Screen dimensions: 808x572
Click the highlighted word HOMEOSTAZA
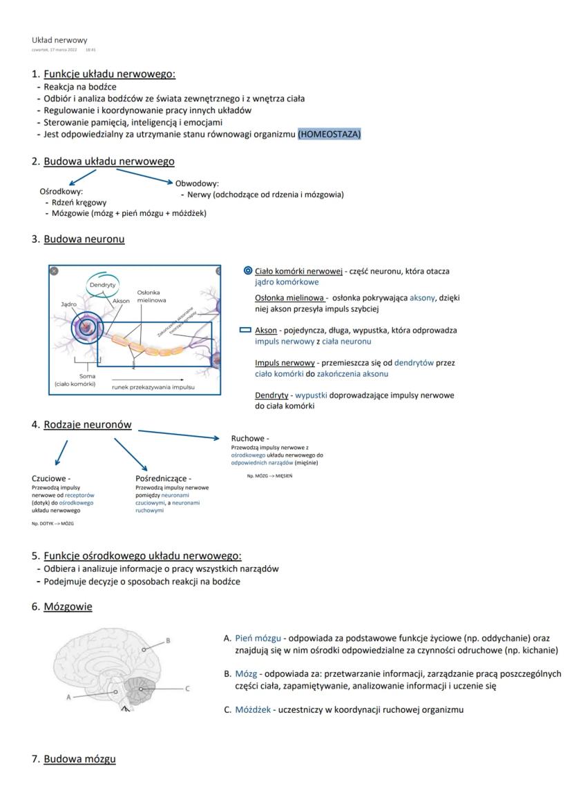point(330,135)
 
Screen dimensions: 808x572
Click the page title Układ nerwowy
point(59,40)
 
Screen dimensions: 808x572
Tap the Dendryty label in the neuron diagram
point(102,284)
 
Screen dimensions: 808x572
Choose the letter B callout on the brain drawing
point(167,640)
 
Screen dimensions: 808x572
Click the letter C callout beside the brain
point(187,688)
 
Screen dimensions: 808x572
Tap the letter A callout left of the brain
point(68,697)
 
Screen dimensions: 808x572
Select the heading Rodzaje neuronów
point(87,425)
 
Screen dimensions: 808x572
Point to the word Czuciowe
point(50,477)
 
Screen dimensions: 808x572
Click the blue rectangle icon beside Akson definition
point(245,331)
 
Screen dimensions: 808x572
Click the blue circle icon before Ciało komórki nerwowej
point(247,271)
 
